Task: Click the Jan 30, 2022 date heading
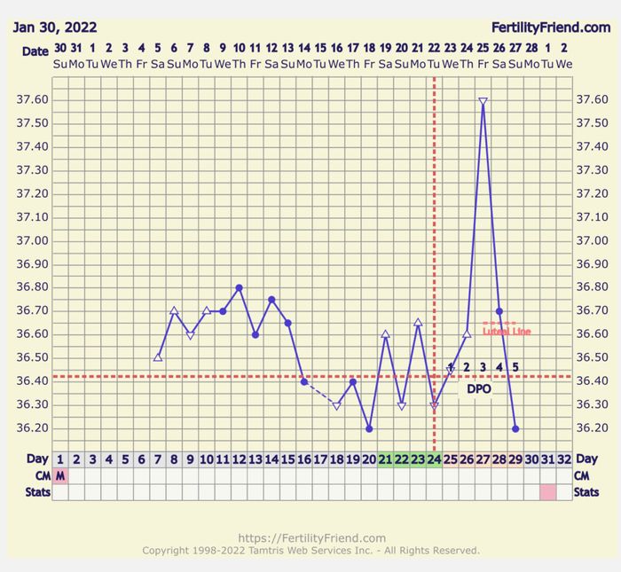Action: click(54, 28)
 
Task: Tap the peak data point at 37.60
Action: click(483, 101)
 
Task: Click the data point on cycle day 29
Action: click(515, 428)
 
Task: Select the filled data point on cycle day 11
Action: click(223, 311)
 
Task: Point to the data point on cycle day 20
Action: click(369, 428)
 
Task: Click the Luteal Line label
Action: click(507, 332)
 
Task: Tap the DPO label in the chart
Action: click(479, 388)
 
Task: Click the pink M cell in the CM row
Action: click(60, 475)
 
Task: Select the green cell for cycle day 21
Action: click(385, 459)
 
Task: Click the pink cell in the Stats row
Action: click(548, 491)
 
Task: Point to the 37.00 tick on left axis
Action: click(33, 241)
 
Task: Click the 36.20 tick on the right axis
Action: click(592, 428)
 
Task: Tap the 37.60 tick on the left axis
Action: click(33, 100)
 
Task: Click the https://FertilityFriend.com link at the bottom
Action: click(310, 537)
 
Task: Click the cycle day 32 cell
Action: click(564, 459)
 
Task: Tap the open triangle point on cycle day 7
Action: click(158, 357)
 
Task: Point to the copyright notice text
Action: click(310, 551)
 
